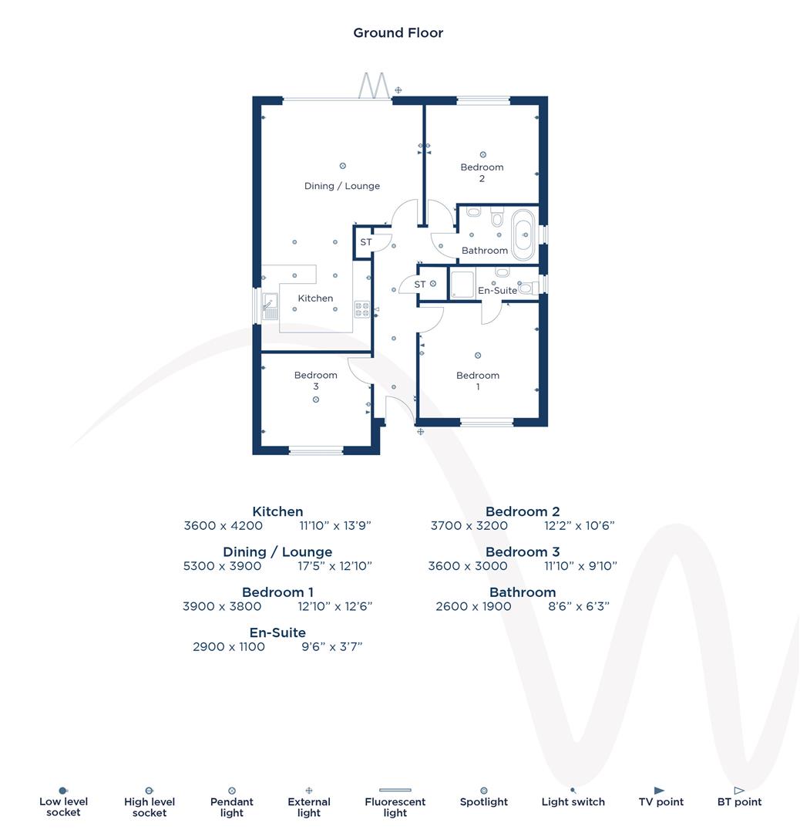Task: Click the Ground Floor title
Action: (398, 32)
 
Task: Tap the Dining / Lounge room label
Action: (341, 186)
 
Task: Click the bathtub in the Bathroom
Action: (523, 234)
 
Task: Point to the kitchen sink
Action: (269, 306)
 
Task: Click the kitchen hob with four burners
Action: (361, 309)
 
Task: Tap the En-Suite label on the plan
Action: (497, 291)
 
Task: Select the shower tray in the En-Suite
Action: (462, 285)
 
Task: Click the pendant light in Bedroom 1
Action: (478, 356)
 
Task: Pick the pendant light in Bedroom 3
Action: (316, 399)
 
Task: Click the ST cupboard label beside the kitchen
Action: (366, 242)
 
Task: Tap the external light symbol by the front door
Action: (421, 432)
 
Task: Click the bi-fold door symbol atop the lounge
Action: (374, 85)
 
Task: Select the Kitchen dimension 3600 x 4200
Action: (224, 526)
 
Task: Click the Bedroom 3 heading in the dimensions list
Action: (523, 552)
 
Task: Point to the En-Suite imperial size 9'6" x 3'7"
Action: (331, 646)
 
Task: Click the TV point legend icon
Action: (659, 791)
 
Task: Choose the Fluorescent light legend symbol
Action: (395, 791)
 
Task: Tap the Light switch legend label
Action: (573, 802)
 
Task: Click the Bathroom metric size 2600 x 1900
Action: (473, 606)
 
